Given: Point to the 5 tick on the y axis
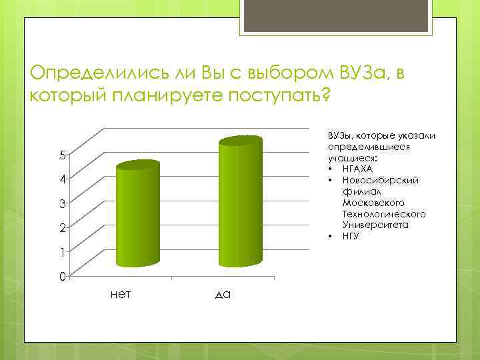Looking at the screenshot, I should [61, 155].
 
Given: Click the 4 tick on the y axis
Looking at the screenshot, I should [61, 179].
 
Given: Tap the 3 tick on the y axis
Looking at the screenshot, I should [61, 203].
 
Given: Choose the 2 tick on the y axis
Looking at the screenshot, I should [61, 228].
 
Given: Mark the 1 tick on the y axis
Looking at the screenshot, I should [61, 252].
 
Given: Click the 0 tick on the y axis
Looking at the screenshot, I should [61, 276].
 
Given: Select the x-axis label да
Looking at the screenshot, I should [223, 293].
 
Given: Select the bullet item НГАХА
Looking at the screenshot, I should [357, 169].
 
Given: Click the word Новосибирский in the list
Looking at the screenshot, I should [379, 180].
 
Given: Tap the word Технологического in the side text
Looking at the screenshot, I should [383, 213].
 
